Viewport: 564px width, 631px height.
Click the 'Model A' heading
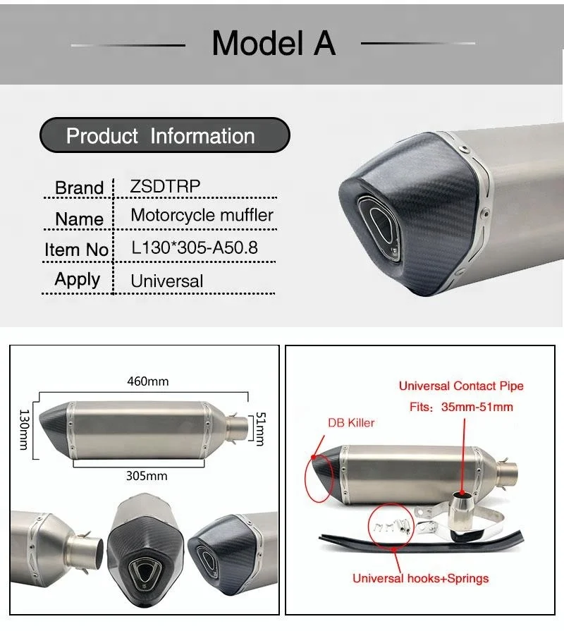coord(274,43)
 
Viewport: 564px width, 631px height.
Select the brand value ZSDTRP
coord(166,186)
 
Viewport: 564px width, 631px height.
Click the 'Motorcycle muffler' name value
coord(202,215)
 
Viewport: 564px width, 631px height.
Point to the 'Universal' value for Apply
coord(166,281)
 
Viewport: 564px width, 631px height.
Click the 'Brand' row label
coord(79,188)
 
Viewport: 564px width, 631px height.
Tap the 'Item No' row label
coord(76,250)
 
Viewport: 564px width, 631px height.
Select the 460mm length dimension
coord(147,381)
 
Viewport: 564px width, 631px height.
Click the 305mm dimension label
coord(147,475)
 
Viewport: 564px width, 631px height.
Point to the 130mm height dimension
coord(24,429)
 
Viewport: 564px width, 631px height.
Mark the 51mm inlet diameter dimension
coord(259,429)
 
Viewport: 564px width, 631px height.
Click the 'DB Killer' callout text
coord(351,422)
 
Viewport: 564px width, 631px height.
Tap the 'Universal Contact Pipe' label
coord(461,386)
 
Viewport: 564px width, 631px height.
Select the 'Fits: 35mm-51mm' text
coord(461,407)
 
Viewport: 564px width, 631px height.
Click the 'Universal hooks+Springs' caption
coord(420,578)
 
